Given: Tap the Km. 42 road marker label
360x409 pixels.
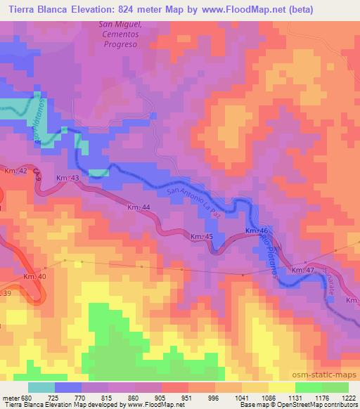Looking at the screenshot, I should [x=15, y=171].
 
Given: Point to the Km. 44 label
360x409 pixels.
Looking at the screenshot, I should [x=139, y=207].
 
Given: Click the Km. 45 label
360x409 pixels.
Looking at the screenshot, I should [x=202, y=238].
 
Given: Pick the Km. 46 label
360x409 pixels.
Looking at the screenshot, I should [x=256, y=231].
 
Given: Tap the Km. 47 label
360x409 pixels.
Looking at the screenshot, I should [x=302, y=270].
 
